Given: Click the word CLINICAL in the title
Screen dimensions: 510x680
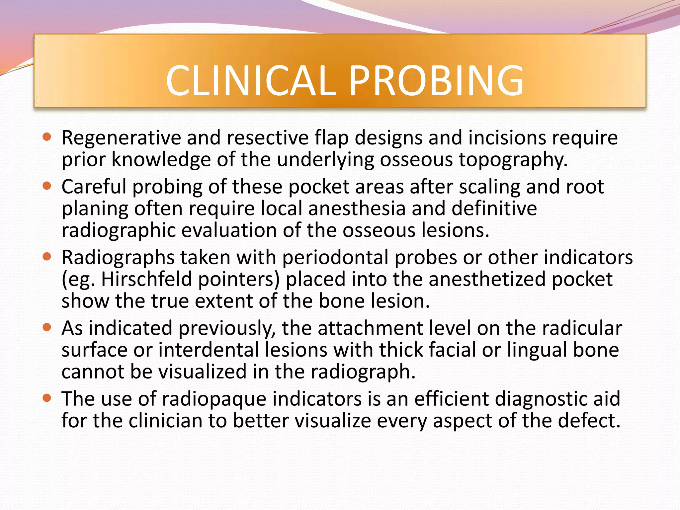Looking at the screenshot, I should [x=251, y=81].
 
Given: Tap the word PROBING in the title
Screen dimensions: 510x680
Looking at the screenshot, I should [x=436, y=81].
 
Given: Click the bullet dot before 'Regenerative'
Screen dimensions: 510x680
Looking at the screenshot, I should [x=47, y=136].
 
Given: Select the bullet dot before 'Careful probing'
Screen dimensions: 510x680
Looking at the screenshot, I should [x=47, y=186].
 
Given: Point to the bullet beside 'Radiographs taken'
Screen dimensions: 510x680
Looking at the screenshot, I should [x=47, y=256].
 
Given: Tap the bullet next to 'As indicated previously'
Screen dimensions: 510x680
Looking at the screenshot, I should [x=47, y=327].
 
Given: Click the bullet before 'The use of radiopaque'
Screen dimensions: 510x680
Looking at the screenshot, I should [x=47, y=398].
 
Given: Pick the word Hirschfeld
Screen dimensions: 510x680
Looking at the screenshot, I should [x=146, y=279].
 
